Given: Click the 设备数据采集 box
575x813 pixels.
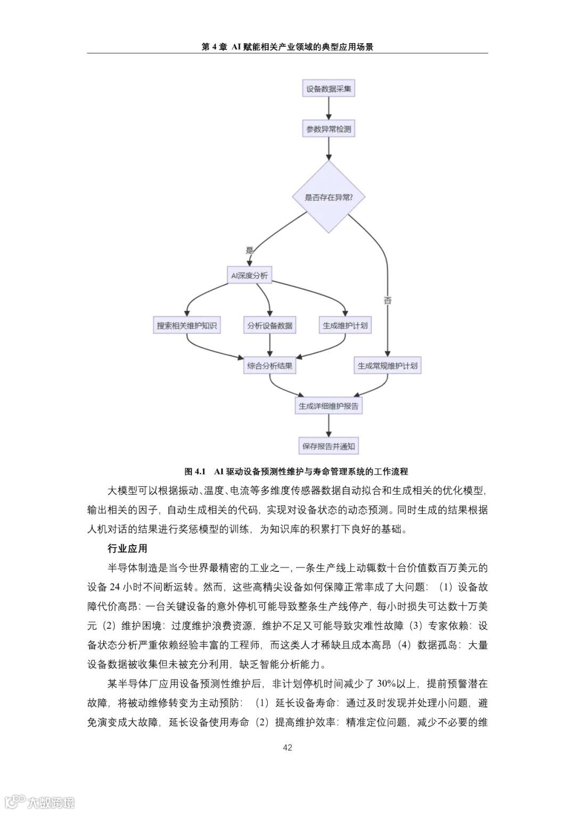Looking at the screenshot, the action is [328, 89].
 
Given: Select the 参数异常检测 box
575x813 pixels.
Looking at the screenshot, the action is [328, 129].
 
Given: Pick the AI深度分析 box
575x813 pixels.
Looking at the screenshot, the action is [249, 276].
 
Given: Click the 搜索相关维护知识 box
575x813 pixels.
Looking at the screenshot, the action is [186, 326].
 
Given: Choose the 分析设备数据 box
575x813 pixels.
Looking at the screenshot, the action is [270, 326].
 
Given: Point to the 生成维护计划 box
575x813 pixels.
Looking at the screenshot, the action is [345, 326].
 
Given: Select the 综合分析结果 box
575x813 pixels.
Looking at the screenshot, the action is [270, 366].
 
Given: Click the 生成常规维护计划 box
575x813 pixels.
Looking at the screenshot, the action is [388, 366].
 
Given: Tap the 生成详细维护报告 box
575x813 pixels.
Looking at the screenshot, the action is [328, 406].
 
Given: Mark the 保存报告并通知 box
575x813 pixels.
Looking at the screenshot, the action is [328, 446].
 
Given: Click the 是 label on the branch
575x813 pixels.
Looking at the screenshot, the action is [249, 250].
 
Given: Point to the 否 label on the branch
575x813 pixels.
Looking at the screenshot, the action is [388, 300].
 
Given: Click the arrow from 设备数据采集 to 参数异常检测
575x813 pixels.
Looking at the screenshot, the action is [328, 109].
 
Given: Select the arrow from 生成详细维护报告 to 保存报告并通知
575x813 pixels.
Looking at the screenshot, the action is [328, 426].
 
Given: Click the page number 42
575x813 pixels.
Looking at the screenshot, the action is [287, 748].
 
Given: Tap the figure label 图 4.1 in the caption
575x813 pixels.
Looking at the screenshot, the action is [195, 471].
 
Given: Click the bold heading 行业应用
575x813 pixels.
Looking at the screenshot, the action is [127, 548].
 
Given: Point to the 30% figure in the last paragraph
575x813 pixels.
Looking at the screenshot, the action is [386, 684].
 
